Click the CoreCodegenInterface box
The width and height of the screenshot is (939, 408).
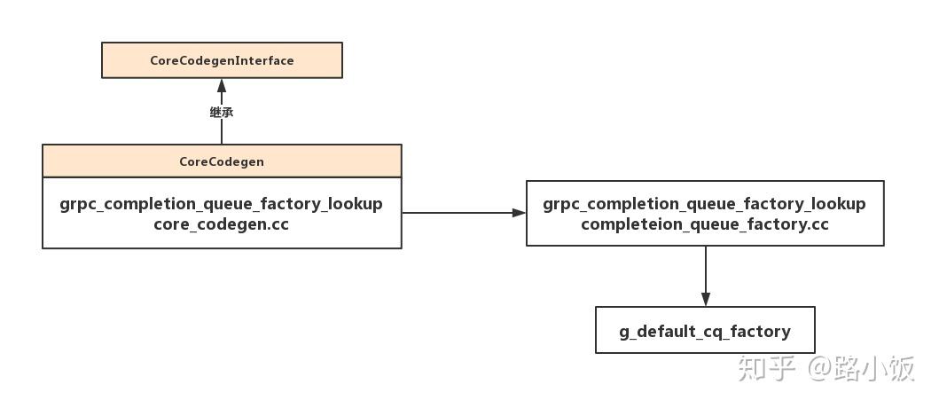(x=222, y=60)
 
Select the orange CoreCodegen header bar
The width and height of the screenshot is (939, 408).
(x=222, y=161)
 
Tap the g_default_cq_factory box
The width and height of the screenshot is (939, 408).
(x=705, y=331)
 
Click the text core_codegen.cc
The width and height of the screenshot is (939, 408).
(x=222, y=224)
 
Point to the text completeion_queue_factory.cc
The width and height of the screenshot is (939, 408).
(x=705, y=224)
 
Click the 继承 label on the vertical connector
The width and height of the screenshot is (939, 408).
(x=222, y=113)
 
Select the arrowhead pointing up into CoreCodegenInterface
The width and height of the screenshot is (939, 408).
(x=222, y=86)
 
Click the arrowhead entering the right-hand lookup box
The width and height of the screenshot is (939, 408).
(x=519, y=213)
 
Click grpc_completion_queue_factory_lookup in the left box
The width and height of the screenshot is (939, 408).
(x=222, y=204)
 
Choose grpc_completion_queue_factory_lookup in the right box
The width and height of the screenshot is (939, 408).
(x=705, y=204)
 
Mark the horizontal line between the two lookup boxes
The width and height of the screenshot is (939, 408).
(x=457, y=213)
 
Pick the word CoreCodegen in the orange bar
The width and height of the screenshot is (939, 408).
(x=222, y=161)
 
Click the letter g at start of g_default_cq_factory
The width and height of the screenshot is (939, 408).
(x=624, y=332)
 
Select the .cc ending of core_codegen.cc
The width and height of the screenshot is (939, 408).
(x=278, y=224)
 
